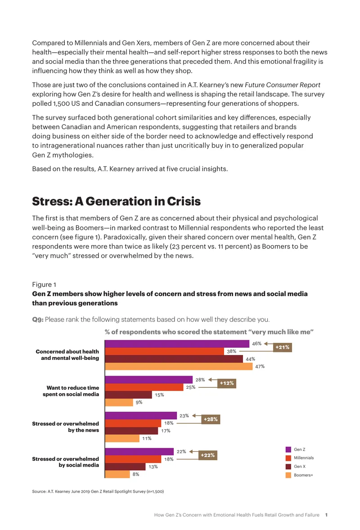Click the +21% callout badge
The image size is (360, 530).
coord(282,347)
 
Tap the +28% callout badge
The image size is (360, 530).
coord(211,419)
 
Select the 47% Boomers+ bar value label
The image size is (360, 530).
coord(260,366)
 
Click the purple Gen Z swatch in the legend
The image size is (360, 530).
coord(288,449)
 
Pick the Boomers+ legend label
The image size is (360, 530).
coord(303,475)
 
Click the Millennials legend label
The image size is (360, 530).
coord(304,458)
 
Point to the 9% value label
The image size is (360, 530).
coord(139,402)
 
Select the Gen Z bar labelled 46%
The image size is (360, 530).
coord(177,344)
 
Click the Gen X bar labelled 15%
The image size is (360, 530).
coord(128,395)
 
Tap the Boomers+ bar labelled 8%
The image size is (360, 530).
coord(117,474)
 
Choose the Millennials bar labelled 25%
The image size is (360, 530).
coord(144,387)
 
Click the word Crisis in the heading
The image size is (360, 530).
coord(184,201)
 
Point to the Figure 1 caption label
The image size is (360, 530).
coord(44,285)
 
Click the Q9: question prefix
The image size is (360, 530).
coord(38,319)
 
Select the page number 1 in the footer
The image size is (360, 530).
coord(326,515)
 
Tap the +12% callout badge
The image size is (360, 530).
coord(226,383)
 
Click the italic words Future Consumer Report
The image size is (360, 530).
coord(283,85)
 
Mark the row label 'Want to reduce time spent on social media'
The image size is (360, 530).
coord(71,391)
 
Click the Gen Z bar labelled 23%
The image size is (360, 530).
coord(141,415)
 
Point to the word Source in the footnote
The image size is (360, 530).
coord(39,491)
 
